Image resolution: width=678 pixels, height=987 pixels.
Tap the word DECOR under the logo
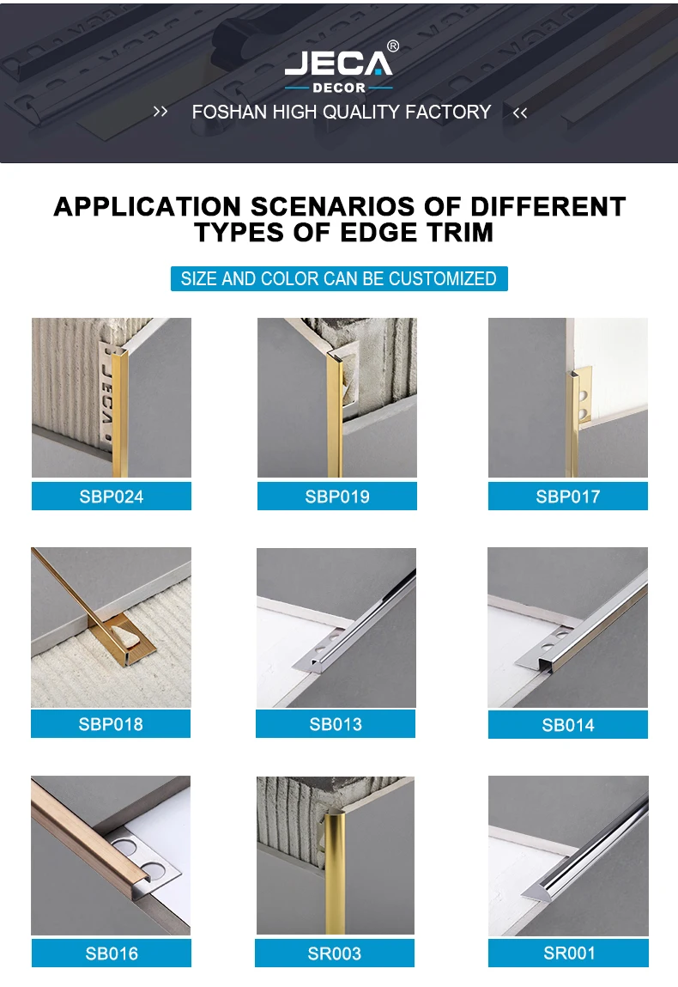point(338,88)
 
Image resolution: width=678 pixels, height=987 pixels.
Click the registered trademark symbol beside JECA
point(393,46)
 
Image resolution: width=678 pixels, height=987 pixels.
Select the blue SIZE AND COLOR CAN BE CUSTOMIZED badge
point(338,278)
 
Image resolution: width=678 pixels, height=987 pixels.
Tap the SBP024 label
point(112,497)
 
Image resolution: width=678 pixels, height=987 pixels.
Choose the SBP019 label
point(337,497)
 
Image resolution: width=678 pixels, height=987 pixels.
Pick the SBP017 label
point(568,497)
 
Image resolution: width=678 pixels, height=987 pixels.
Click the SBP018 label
point(111,724)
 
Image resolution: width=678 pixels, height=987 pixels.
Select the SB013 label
point(336,724)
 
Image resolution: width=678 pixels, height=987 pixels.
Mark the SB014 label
point(568,725)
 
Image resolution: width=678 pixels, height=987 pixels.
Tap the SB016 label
point(112,953)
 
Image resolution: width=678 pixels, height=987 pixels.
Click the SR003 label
point(335,953)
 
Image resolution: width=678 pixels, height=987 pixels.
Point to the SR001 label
point(569,953)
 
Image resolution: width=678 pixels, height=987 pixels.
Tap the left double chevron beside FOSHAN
point(160,112)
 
